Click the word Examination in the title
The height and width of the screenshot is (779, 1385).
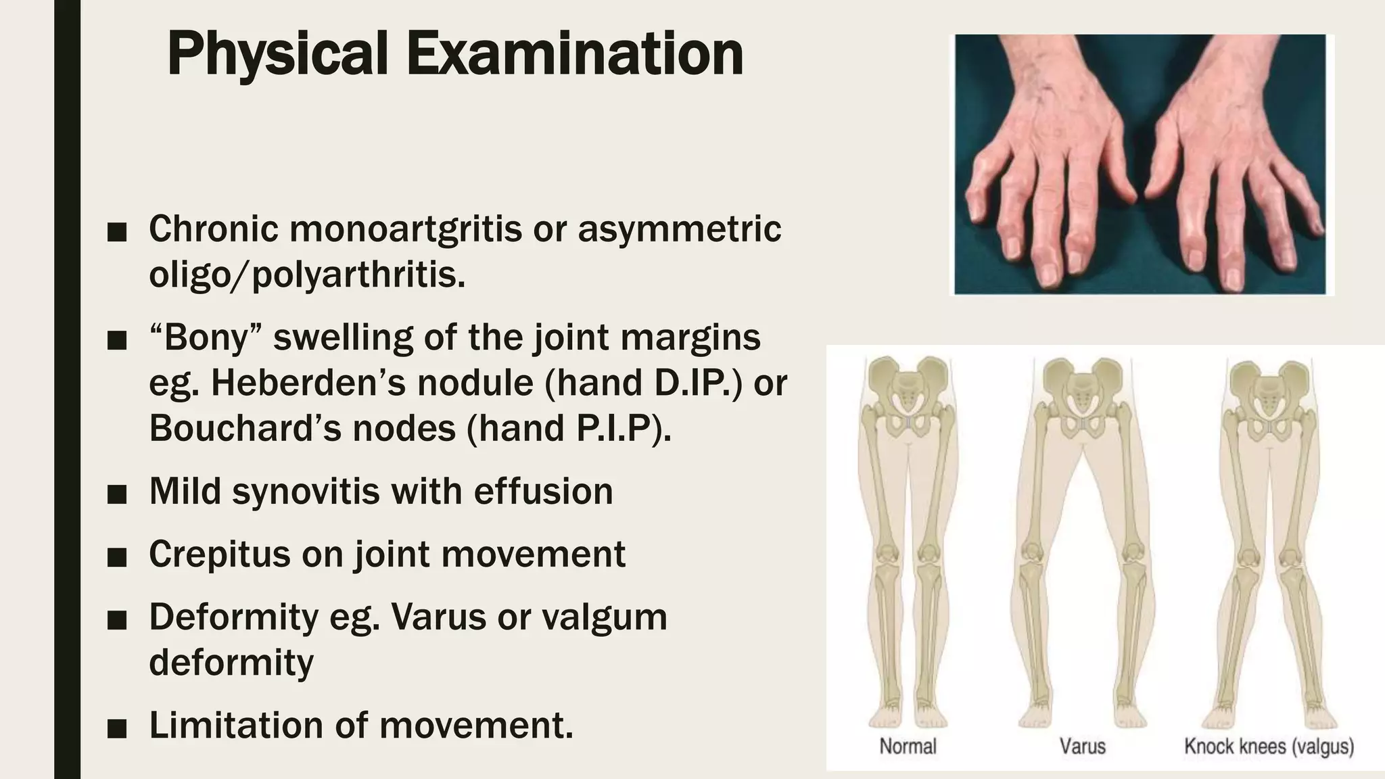coord(574,54)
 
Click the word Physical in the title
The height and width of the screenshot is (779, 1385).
coord(277,54)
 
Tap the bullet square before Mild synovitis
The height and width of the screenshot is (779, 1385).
coord(117,494)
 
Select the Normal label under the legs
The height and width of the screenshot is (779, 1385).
coord(908,747)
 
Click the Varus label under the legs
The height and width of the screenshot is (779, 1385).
coord(1082,747)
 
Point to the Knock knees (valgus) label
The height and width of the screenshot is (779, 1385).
coord(1269,747)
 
